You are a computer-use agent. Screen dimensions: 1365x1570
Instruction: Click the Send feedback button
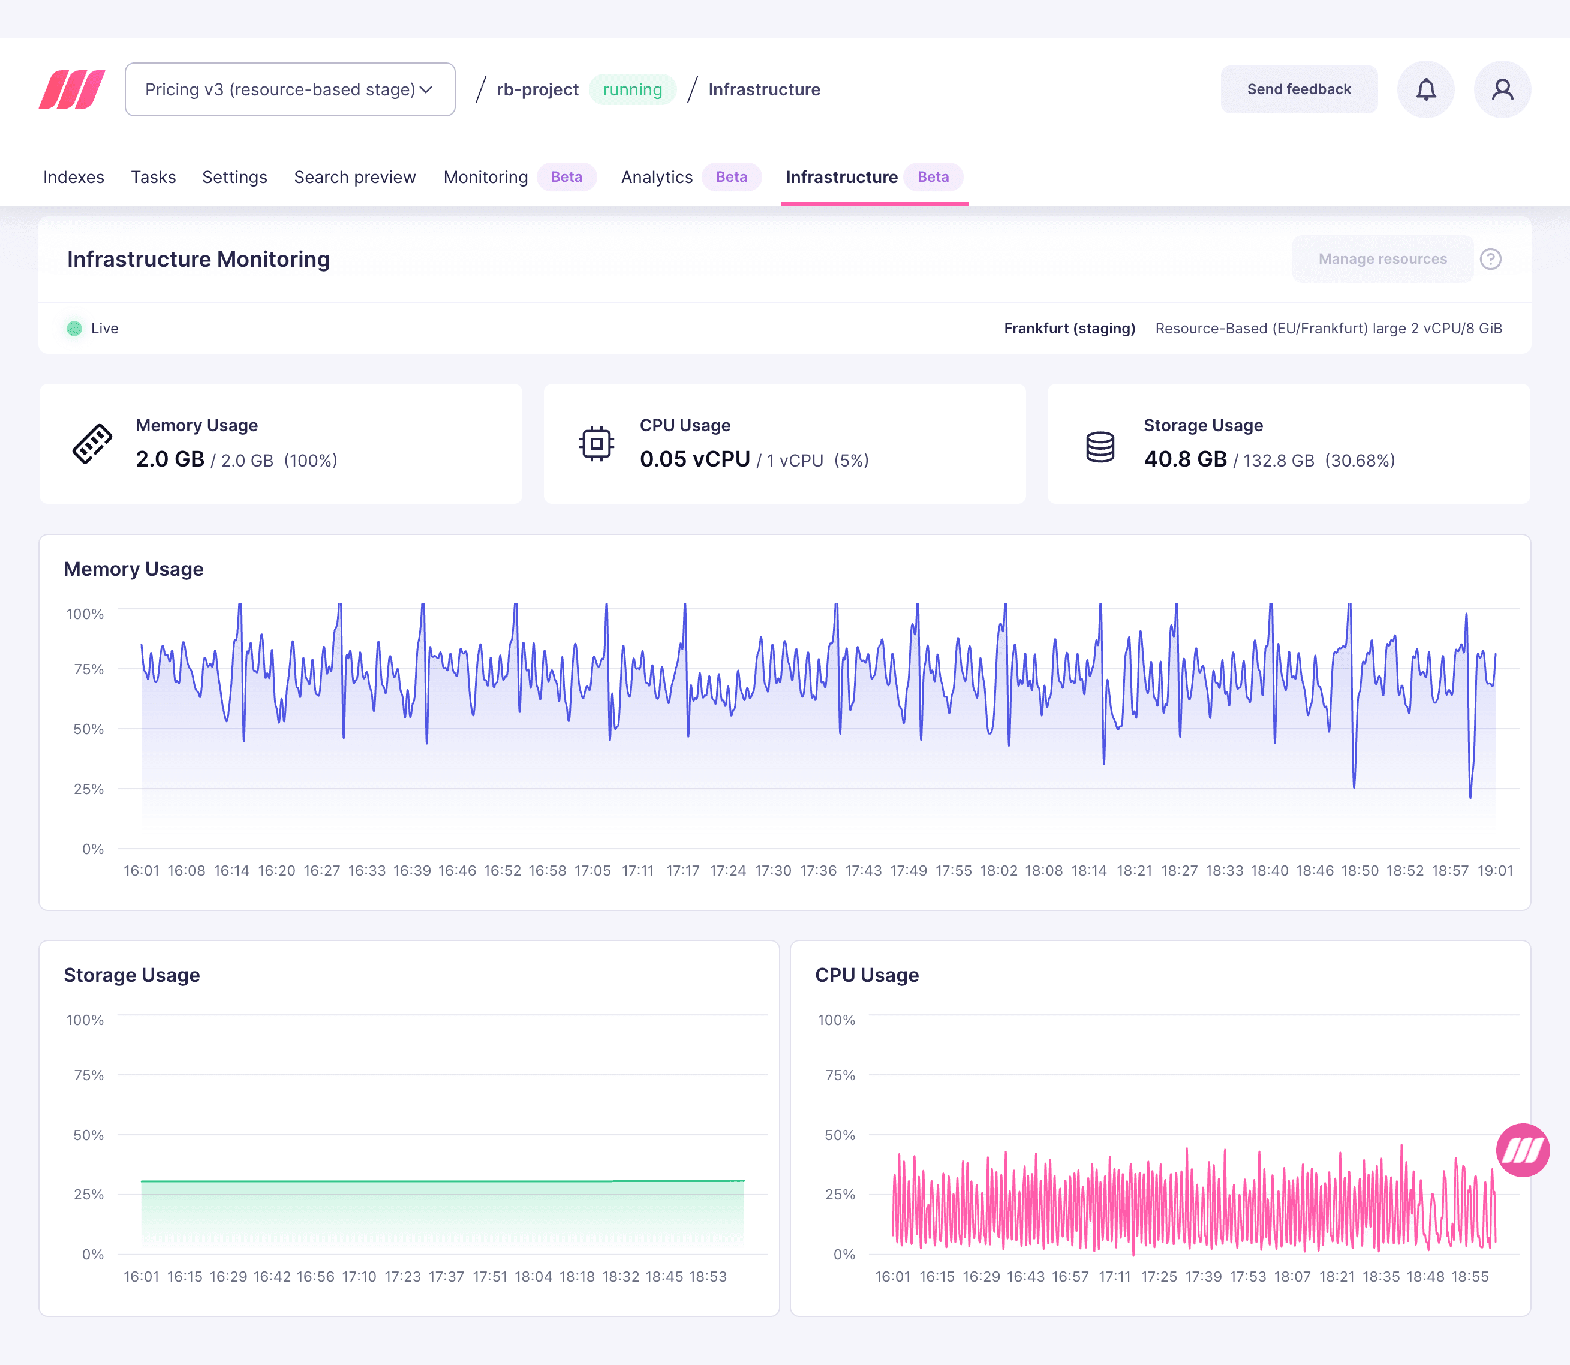1298,89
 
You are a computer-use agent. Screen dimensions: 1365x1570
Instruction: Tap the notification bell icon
1425,89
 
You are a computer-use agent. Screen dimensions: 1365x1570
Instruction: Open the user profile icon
1502,89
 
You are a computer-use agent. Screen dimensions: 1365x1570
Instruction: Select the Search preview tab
355,177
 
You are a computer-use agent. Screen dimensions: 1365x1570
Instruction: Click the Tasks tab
153,177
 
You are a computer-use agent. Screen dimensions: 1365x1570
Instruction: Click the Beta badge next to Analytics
730,177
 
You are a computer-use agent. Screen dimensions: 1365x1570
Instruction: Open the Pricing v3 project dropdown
290,89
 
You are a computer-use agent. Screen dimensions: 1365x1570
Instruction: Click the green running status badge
632,89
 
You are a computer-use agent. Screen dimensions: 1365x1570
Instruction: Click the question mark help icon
1490,259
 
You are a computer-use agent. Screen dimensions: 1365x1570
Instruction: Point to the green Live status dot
74,328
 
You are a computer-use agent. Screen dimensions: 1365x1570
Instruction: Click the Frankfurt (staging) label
1069,328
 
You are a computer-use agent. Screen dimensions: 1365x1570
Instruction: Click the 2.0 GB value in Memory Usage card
170,459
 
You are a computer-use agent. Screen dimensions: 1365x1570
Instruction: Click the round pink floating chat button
1521,1150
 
